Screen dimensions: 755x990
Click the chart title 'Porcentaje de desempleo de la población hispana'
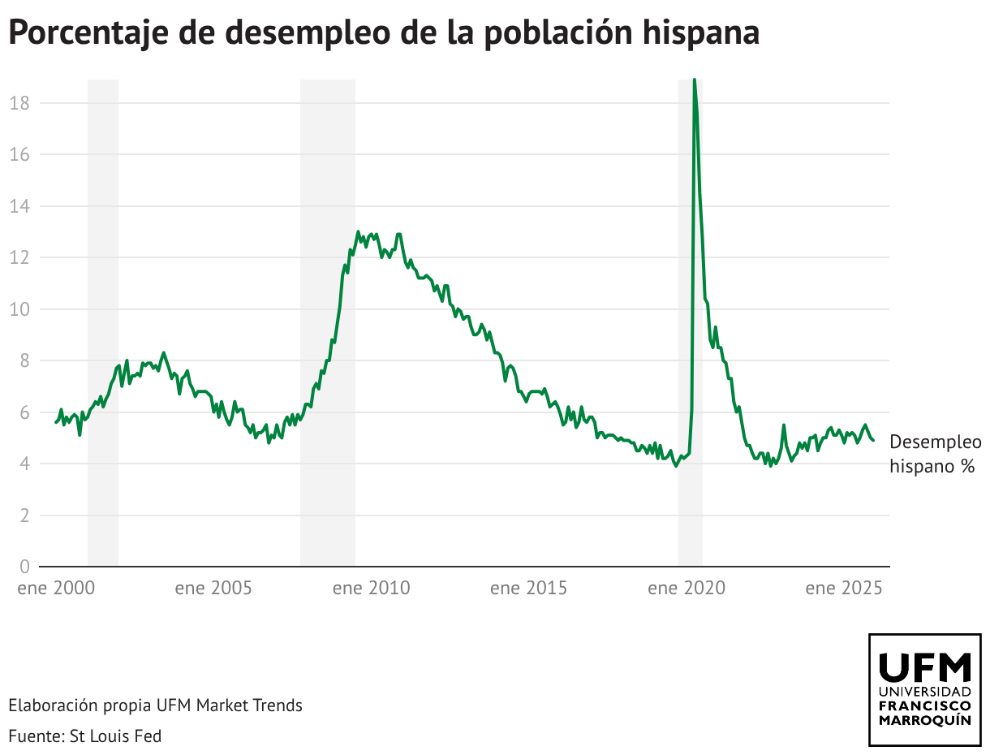point(384,33)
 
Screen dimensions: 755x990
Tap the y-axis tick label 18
point(20,103)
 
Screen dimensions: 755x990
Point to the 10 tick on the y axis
point(20,309)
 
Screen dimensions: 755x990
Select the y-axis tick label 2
point(25,516)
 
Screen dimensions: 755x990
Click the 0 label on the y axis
point(25,567)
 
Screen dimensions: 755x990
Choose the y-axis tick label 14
point(20,206)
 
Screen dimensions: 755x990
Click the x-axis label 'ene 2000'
point(56,588)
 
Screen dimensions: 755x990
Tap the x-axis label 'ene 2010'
point(371,588)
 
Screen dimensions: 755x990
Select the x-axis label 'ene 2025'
point(844,588)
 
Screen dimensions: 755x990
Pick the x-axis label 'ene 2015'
point(528,588)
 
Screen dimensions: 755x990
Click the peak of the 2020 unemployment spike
point(694,80)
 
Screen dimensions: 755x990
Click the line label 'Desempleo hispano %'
point(935,454)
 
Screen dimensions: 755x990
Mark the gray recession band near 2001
point(103,325)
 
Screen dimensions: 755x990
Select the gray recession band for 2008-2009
point(328,325)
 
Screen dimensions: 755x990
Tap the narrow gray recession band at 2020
point(690,325)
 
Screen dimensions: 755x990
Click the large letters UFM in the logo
point(925,667)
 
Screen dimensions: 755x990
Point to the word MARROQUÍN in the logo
point(925,720)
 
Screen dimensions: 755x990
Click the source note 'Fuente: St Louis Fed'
point(85,736)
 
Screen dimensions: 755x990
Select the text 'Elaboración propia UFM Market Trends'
point(156,705)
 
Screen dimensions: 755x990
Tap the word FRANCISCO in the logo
point(925,705)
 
